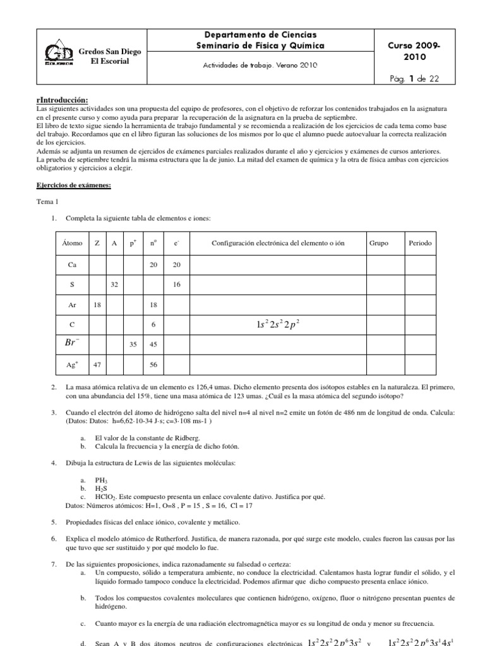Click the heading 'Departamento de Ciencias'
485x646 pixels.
(x=261, y=35)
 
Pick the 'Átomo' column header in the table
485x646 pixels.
(x=71, y=242)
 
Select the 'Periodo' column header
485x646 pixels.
(x=420, y=242)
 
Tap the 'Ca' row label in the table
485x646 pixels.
(x=71, y=264)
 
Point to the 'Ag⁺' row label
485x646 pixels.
(x=71, y=365)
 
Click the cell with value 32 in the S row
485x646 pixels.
(x=114, y=285)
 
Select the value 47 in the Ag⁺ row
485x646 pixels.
(x=97, y=365)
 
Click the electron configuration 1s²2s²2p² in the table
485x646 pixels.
(x=278, y=325)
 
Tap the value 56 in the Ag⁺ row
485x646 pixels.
(x=152, y=365)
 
